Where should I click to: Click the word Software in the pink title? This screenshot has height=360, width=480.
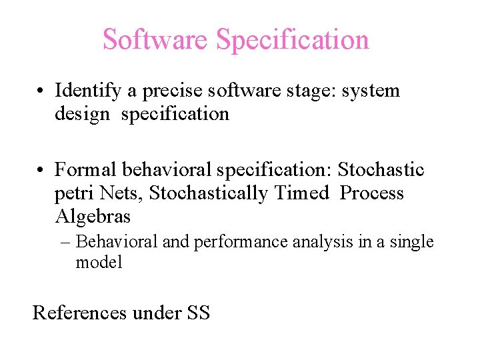tap(155, 39)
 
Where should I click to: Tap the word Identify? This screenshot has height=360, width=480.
tap(88, 91)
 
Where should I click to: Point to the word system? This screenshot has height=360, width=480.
tap(371, 91)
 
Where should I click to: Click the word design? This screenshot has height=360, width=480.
tap(82, 114)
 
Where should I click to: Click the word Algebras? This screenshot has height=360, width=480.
tap(93, 217)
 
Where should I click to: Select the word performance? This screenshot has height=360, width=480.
tap(233, 242)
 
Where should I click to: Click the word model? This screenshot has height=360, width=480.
tap(99, 262)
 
